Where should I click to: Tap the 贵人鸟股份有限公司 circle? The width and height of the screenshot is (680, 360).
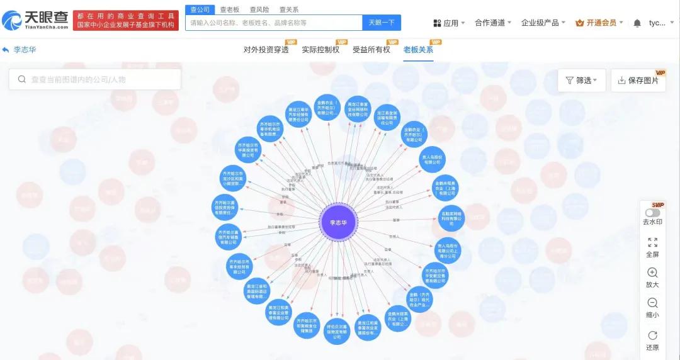point(432,159)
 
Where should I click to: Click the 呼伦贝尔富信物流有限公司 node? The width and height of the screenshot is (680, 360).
point(337,331)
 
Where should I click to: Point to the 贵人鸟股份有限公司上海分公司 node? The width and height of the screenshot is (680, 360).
point(448,249)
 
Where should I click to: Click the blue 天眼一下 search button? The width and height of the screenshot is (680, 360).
point(382,23)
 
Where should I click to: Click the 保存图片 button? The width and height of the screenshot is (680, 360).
point(638,81)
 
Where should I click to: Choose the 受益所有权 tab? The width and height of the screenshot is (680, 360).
point(371,49)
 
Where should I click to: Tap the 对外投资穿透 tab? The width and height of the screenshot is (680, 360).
point(266,49)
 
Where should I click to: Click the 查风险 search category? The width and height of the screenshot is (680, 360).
point(259,9)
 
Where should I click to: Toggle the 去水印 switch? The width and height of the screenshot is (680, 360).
point(652,213)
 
